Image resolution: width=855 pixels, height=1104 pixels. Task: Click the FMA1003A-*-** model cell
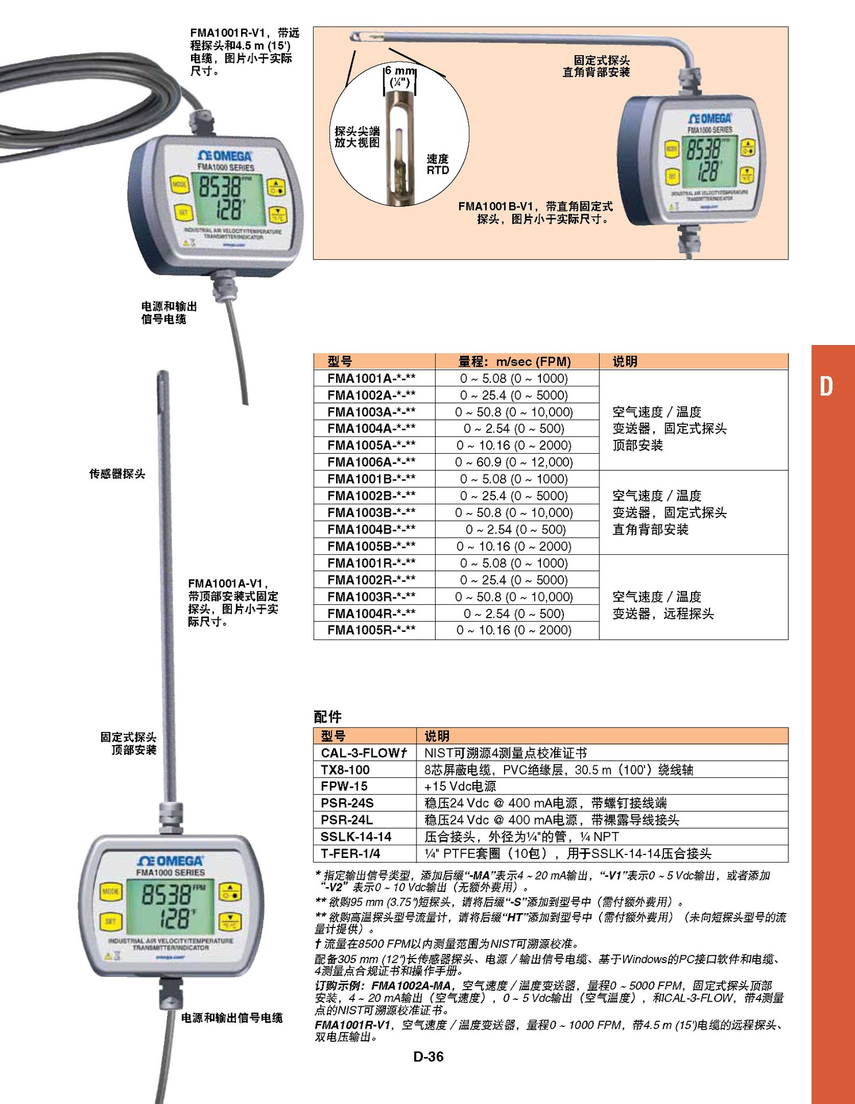click(x=371, y=412)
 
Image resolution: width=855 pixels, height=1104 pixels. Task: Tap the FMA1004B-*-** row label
click(x=371, y=529)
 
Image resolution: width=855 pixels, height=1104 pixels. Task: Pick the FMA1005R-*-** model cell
click(x=371, y=630)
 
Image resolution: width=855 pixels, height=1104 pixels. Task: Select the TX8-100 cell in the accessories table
click(x=345, y=769)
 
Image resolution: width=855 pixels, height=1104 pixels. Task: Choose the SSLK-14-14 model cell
click(x=356, y=837)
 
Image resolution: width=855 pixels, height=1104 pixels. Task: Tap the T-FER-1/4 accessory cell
click(x=350, y=853)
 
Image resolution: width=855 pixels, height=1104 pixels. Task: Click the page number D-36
click(x=428, y=1056)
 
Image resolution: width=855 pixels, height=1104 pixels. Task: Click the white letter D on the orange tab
click(x=826, y=386)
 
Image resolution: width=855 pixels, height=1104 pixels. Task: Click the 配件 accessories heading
click(x=327, y=716)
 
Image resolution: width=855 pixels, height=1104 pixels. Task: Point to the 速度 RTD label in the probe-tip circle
click(x=437, y=164)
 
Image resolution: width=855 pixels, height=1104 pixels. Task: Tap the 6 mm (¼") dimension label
click(x=400, y=76)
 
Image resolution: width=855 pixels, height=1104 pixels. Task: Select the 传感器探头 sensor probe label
click(x=117, y=474)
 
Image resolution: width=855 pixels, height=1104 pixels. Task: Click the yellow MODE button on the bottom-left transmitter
click(x=110, y=892)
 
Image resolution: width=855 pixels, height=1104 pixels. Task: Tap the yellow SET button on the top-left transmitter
click(x=182, y=213)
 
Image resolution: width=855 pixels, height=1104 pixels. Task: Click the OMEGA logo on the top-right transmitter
click(x=710, y=118)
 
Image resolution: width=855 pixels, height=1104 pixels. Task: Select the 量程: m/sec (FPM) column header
click(x=514, y=362)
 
